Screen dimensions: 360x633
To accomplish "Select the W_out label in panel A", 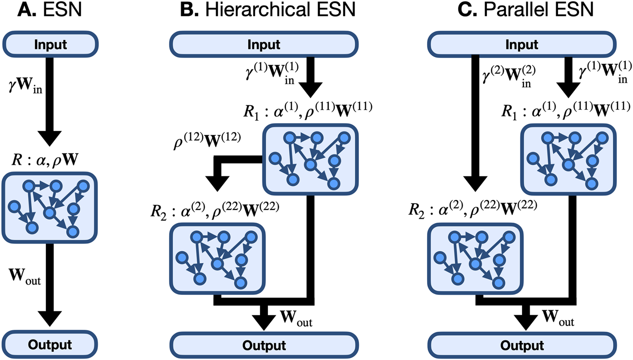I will click(x=25, y=281).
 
